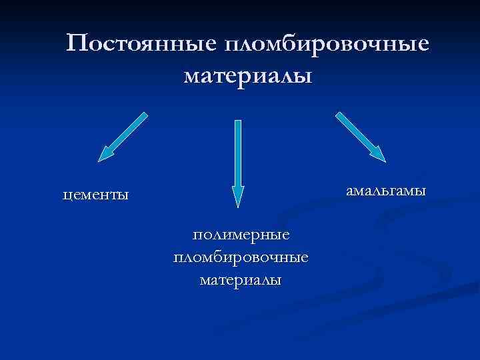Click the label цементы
95,195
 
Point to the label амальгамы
385,191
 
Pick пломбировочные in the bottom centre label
241,257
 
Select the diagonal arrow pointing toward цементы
123,137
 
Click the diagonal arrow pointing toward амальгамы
360,137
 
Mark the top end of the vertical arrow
238,122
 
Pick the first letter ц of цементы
65,196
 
